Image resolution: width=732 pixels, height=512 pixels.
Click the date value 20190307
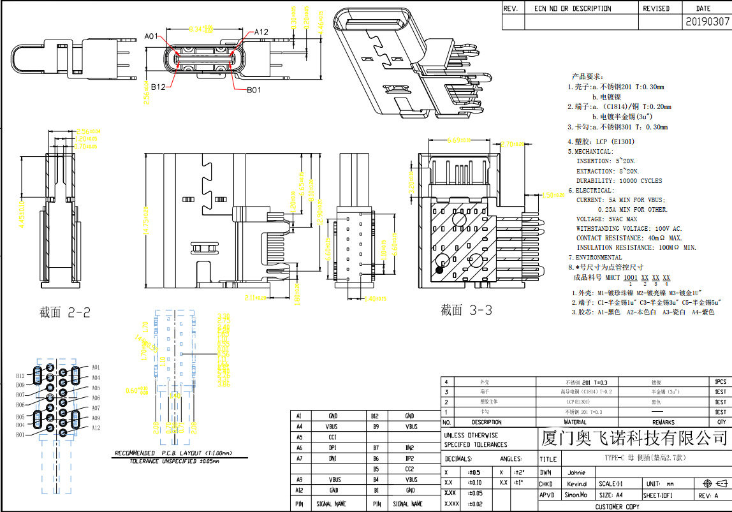707,22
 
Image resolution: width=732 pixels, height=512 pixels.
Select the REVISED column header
656,9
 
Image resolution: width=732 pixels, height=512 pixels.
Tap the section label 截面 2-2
64,312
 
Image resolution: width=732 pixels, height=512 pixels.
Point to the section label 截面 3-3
466,311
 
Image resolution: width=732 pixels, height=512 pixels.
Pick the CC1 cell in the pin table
333,437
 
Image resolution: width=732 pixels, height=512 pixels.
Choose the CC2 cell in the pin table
409,469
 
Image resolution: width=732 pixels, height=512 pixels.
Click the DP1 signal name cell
333,448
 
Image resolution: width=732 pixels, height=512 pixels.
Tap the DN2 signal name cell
409,448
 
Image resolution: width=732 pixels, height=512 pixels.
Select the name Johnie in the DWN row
576,473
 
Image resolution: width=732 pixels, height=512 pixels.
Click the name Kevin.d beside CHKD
577,484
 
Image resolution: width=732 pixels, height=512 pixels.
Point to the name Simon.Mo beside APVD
576,495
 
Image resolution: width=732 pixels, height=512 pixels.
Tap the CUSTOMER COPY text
617,507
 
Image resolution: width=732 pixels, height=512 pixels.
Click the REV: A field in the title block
708,495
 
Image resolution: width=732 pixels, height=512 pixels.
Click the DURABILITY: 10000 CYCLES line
619,181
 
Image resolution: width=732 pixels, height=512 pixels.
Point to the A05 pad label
96,388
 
